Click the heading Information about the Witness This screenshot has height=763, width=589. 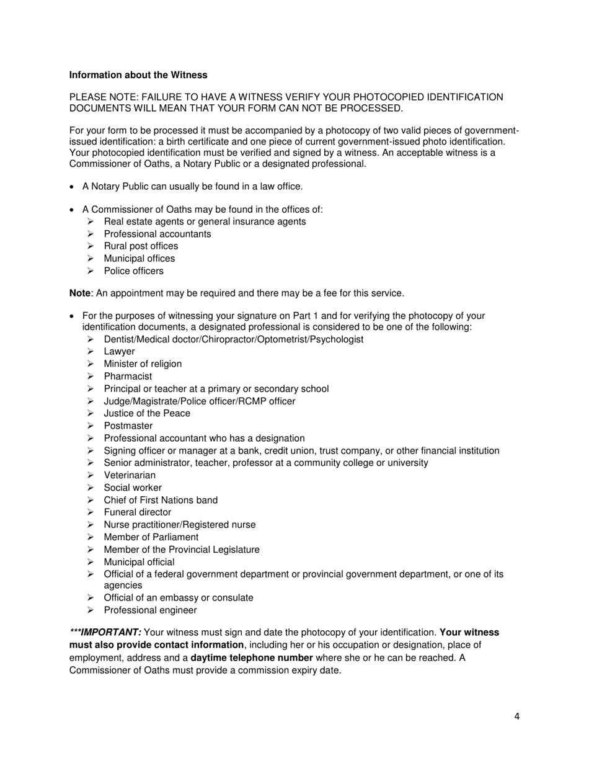(138, 75)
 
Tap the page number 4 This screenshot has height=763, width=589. (516, 717)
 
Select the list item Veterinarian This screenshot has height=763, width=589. (130, 475)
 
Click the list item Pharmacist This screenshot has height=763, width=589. (128, 377)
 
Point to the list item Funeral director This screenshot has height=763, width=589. (137, 512)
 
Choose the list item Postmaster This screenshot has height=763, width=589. (128, 426)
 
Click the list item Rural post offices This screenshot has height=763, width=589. (141, 246)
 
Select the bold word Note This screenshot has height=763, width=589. (79, 293)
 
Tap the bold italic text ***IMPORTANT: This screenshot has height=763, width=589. (105, 633)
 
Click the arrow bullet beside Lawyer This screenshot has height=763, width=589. (91, 352)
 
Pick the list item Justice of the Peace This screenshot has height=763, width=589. (147, 414)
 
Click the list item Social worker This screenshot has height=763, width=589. (133, 488)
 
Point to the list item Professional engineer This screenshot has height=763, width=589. (150, 610)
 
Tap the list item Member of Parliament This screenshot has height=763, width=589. (151, 537)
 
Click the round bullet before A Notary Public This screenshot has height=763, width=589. (73, 187)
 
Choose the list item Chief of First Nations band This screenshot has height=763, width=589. (161, 500)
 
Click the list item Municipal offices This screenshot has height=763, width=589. (139, 259)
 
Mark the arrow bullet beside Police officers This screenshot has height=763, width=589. (91, 271)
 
